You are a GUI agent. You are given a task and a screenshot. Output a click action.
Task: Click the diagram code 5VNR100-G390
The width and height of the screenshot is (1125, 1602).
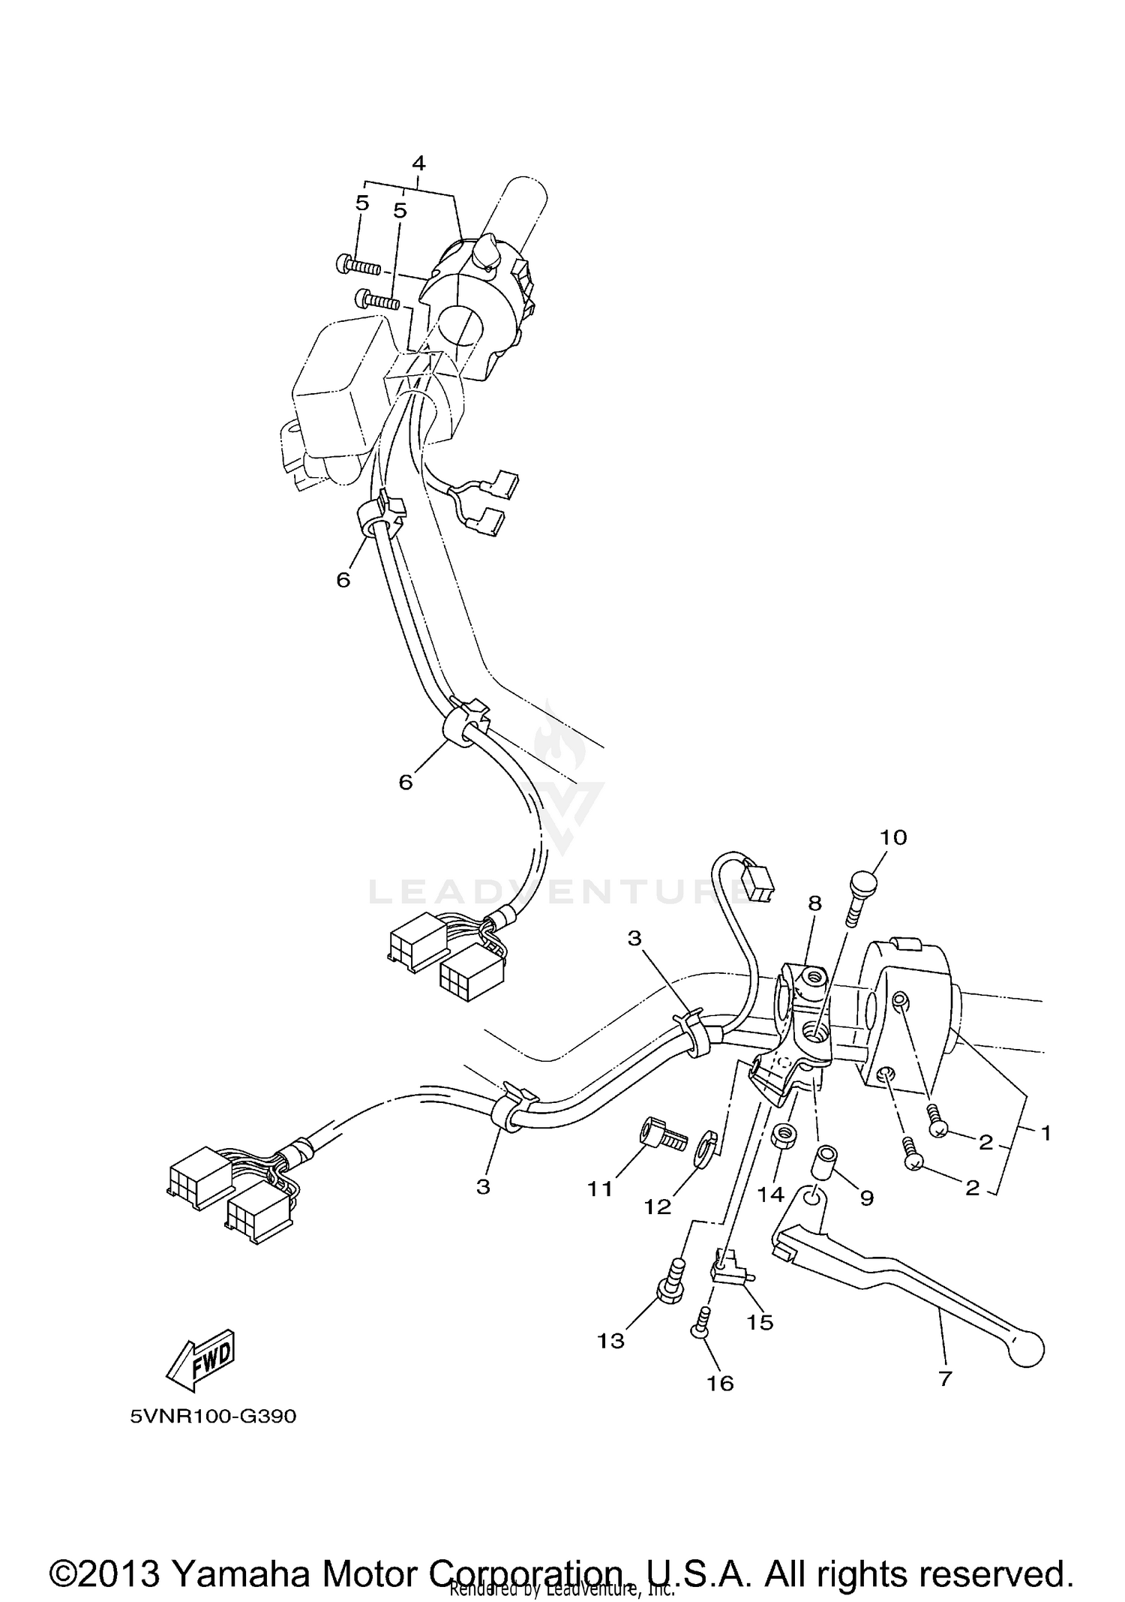(x=214, y=1417)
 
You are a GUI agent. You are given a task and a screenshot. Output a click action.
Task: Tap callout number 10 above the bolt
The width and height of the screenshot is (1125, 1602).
(x=892, y=837)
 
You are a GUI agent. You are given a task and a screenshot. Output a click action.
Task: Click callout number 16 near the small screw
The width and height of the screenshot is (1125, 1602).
(x=721, y=1383)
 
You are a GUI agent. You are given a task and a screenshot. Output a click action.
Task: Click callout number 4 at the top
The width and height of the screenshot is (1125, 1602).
(x=418, y=164)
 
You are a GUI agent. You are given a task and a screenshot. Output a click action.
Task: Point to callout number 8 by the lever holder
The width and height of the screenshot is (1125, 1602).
(x=814, y=903)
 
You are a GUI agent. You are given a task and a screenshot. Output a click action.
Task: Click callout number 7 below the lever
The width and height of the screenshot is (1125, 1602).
(x=945, y=1378)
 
